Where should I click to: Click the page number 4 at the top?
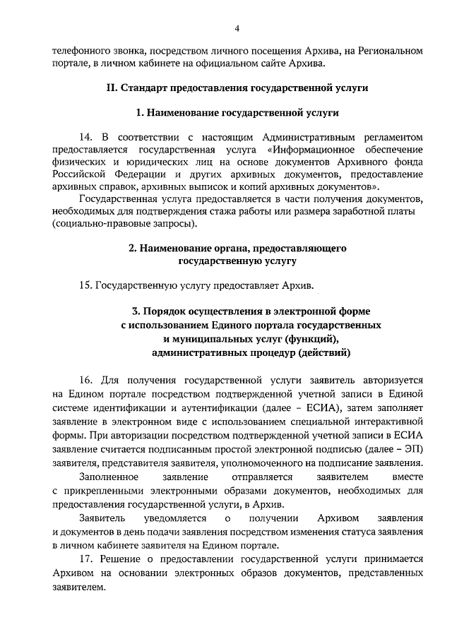(x=237, y=28)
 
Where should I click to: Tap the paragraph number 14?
(x=87, y=135)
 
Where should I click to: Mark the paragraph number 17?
(x=87, y=559)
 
